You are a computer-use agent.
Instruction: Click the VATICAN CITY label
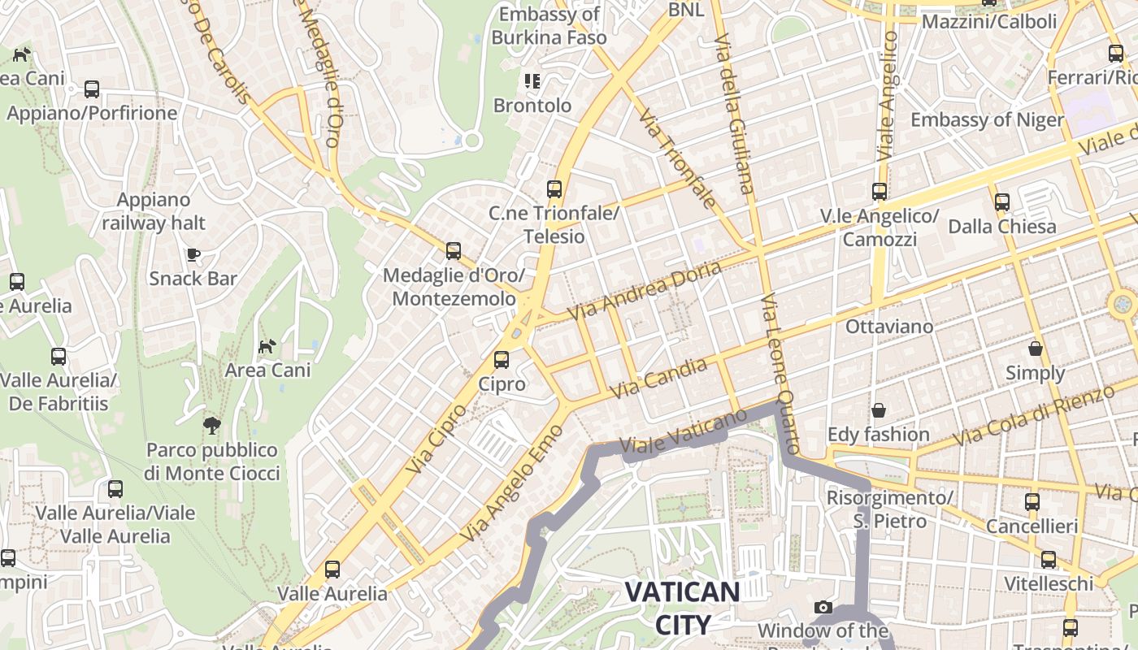[683, 608]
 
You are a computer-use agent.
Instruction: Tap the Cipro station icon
[502, 360]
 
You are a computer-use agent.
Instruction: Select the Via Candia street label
[658, 379]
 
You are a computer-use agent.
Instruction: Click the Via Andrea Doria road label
[644, 290]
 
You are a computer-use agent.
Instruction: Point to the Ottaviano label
[889, 327]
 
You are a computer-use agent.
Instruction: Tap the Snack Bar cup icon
[193, 254]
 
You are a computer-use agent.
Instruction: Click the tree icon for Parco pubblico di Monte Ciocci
[212, 425]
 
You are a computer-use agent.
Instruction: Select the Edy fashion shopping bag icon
[878, 410]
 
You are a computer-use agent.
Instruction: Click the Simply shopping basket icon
[1036, 349]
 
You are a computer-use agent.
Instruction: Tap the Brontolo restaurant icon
[532, 81]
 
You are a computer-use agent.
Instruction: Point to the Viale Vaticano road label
[683, 431]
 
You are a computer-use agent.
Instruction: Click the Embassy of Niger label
[987, 120]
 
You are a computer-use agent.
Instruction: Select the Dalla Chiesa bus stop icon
[1001, 201]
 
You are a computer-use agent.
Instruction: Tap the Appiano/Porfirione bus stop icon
[92, 89]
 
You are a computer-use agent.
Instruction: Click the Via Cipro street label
[437, 439]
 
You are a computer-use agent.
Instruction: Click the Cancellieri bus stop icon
[1032, 501]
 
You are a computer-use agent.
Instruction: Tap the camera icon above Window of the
[823, 608]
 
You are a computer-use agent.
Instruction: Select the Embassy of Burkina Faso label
[549, 26]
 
